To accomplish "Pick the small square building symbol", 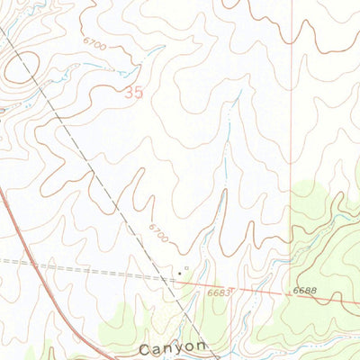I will [x=187, y=267].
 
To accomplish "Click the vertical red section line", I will [x=292, y=135].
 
